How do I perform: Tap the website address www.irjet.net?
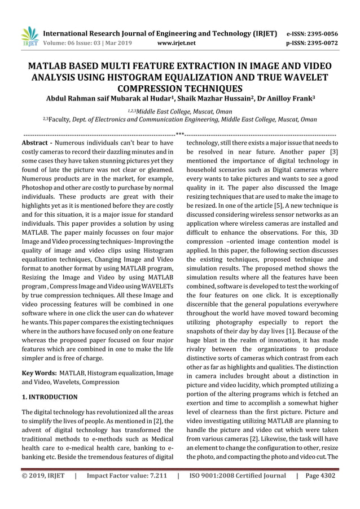(x=178, y=42)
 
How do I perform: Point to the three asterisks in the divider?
(x=180, y=135)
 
